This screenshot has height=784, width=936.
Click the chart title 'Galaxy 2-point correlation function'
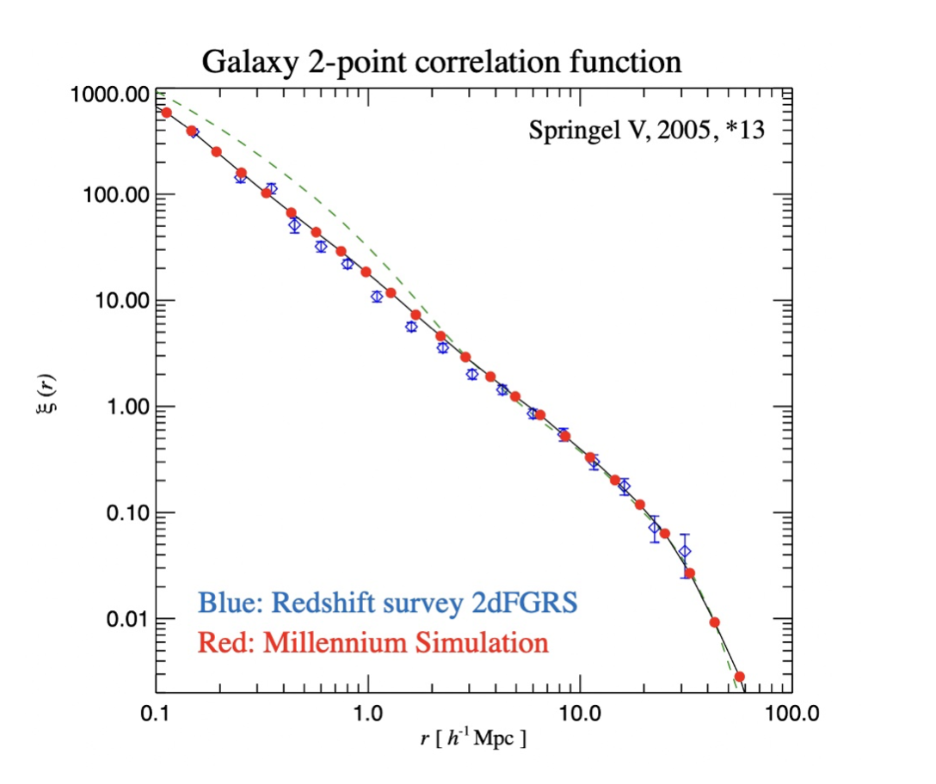(440, 62)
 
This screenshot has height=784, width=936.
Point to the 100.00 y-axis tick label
(108, 196)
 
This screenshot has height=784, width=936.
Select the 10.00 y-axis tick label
(113, 302)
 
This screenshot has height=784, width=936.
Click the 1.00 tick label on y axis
(117, 407)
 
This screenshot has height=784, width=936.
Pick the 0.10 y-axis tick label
(117, 514)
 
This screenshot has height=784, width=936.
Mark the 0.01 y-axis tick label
(117, 620)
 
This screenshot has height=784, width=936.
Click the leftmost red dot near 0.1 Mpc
(167, 113)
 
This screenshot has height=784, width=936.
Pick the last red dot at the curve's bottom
(739, 677)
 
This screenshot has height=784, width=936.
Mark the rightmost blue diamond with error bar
(684, 552)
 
